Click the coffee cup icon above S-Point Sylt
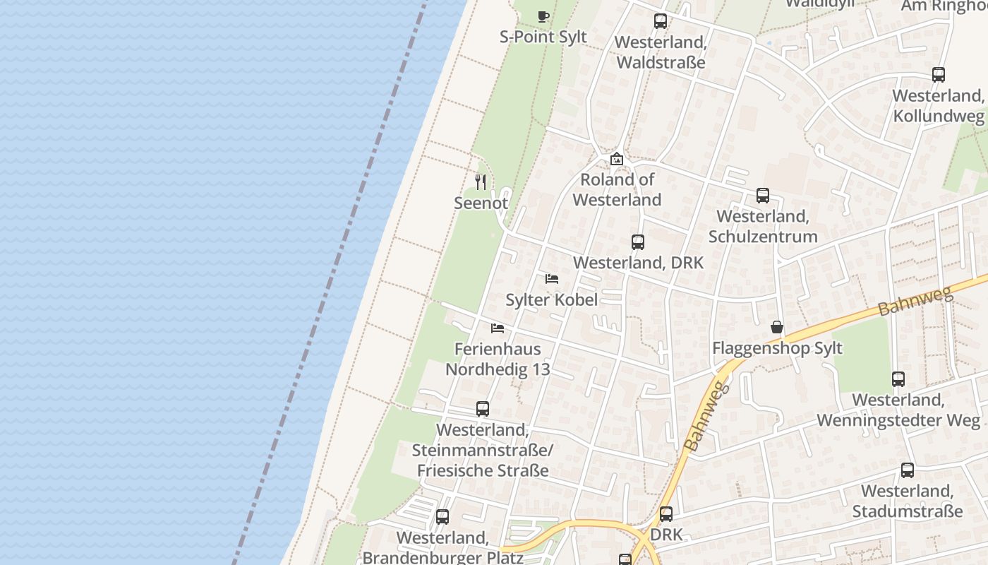coord(543,16)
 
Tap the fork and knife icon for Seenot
coord(481,182)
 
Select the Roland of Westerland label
coord(617,189)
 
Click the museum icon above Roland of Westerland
coord(617,159)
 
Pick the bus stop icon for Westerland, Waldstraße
coord(661,21)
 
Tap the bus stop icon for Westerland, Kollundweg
coord(939,75)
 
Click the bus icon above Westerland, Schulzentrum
coord(763,196)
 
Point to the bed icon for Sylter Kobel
coord(552,279)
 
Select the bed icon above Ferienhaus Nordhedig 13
coord(498,328)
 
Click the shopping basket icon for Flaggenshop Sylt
coord(777,327)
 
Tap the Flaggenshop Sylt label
coord(777,348)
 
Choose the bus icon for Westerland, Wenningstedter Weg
coord(898,379)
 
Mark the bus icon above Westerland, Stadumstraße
coord(908,470)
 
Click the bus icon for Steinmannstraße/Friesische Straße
coord(483,409)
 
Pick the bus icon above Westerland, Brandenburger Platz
coord(442,517)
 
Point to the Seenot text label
coord(481,203)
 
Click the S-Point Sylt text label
coord(543,37)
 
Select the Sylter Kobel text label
coord(552,299)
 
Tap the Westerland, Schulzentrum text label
coord(763,226)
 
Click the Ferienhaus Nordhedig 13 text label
coord(498,359)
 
